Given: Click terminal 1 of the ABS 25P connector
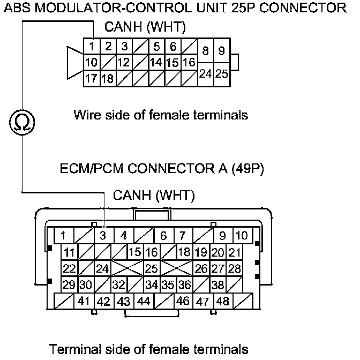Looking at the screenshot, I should pyautogui.click(x=92, y=47).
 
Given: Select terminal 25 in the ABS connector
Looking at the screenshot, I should pyautogui.click(x=222, y=73).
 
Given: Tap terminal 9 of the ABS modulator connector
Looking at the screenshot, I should pyautogui.click(x=222, y=52).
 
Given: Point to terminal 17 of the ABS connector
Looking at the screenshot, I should pyautogui.click(x=91, y=79).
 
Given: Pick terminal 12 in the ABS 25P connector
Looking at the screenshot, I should pyautogui.click(x=124, y=63).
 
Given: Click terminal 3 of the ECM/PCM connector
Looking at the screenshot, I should pyautogui.click(x=104, y=235).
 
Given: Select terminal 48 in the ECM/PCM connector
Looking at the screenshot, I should pyautogui.click(x=222, y=301).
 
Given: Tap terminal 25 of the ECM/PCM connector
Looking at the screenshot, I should pyautogui.click(x=152, y=268).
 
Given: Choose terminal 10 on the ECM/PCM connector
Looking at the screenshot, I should pyautogui.click(x=241, y=235).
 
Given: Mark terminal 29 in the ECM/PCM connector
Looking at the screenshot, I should pyautogui.click(x=69, y=284).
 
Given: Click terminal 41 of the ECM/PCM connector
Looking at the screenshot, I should pyautogui.click(x=83, y=301).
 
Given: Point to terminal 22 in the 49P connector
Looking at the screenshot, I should pyautogui.click(x=69, y=268).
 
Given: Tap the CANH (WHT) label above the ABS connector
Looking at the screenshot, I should pyautogui.click(x=138, y=27).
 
